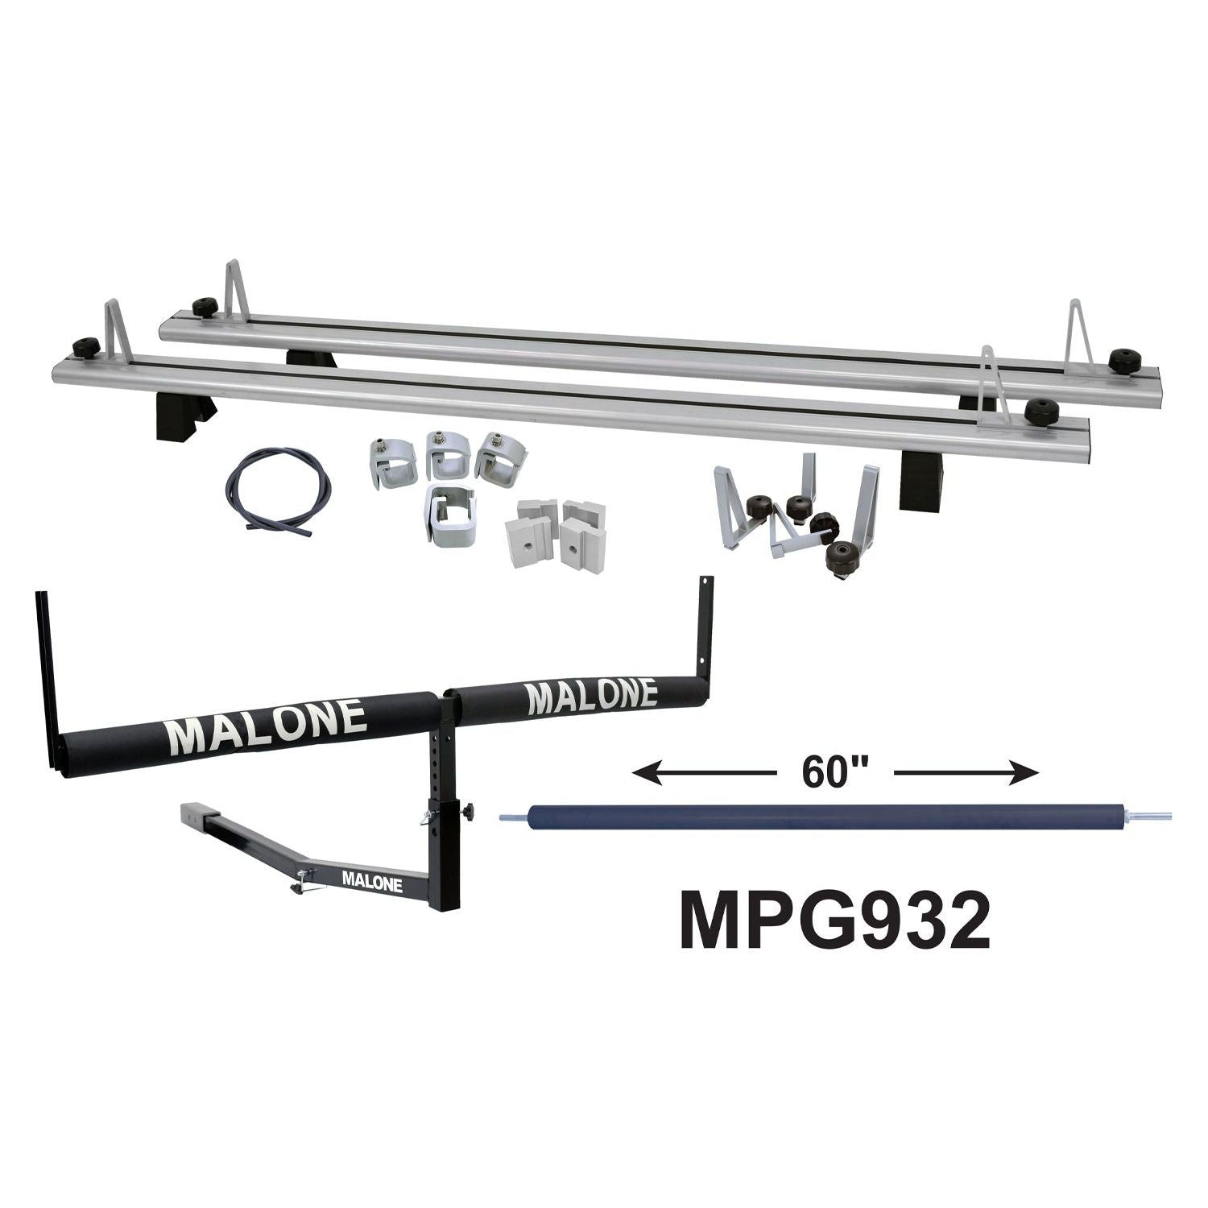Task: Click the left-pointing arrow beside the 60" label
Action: coord(705,774)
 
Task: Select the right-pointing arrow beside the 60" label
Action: coord(966,774)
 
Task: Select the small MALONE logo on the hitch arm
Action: coord(372,880)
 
